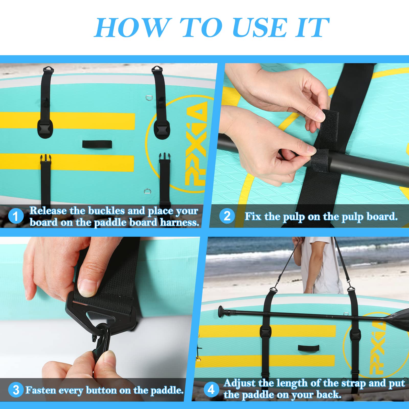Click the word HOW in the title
132,28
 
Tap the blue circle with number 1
16,216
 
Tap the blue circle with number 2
227,216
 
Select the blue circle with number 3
16,390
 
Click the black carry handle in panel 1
97,144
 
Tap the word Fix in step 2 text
253,217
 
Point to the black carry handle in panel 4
309,348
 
